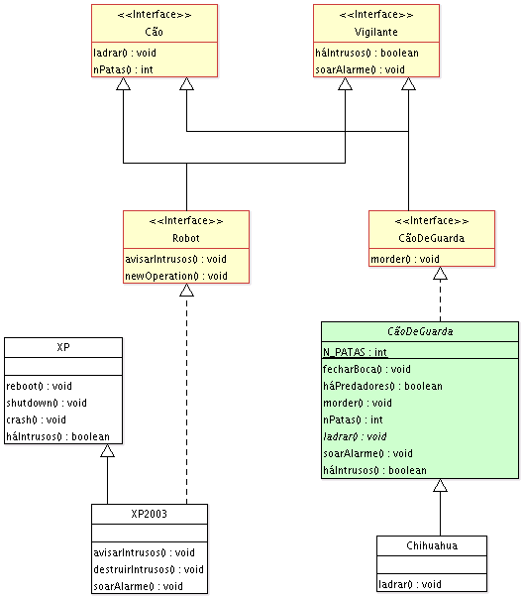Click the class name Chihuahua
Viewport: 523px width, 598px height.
[x=432, y=545]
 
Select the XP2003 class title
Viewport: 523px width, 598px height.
[x=149, y=514]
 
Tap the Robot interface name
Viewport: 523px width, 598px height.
[x=186, y=238]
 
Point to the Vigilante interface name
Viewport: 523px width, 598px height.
[x=376, y=32]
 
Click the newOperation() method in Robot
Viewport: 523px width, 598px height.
[x=176, y=276]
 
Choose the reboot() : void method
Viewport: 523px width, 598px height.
[x=39, y=386]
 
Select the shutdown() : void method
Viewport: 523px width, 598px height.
[x=47, y=403]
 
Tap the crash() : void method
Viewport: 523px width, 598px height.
[x=37, y=419]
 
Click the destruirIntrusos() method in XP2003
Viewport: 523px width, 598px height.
[x=149, y=569]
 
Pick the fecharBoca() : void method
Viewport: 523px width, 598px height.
[x=366, y=369]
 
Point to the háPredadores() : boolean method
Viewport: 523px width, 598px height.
[x=382, y=386]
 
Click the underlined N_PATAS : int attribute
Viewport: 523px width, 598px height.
[x=355, y=352]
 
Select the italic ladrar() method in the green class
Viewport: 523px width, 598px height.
[x=355, y=436]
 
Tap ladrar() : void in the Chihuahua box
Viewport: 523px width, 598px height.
[x=410, y=584]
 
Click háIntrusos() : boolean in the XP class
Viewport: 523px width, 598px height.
[x=57, y=436]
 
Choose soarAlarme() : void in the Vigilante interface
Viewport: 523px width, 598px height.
[x=360, y=69]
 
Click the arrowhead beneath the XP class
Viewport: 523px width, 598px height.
[x=107, y=450]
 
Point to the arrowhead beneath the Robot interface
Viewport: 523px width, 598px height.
[x=186, y=290]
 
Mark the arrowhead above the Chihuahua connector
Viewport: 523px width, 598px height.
[x=441, y=485]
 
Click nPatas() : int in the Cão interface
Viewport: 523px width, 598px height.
[x=123, y=69]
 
